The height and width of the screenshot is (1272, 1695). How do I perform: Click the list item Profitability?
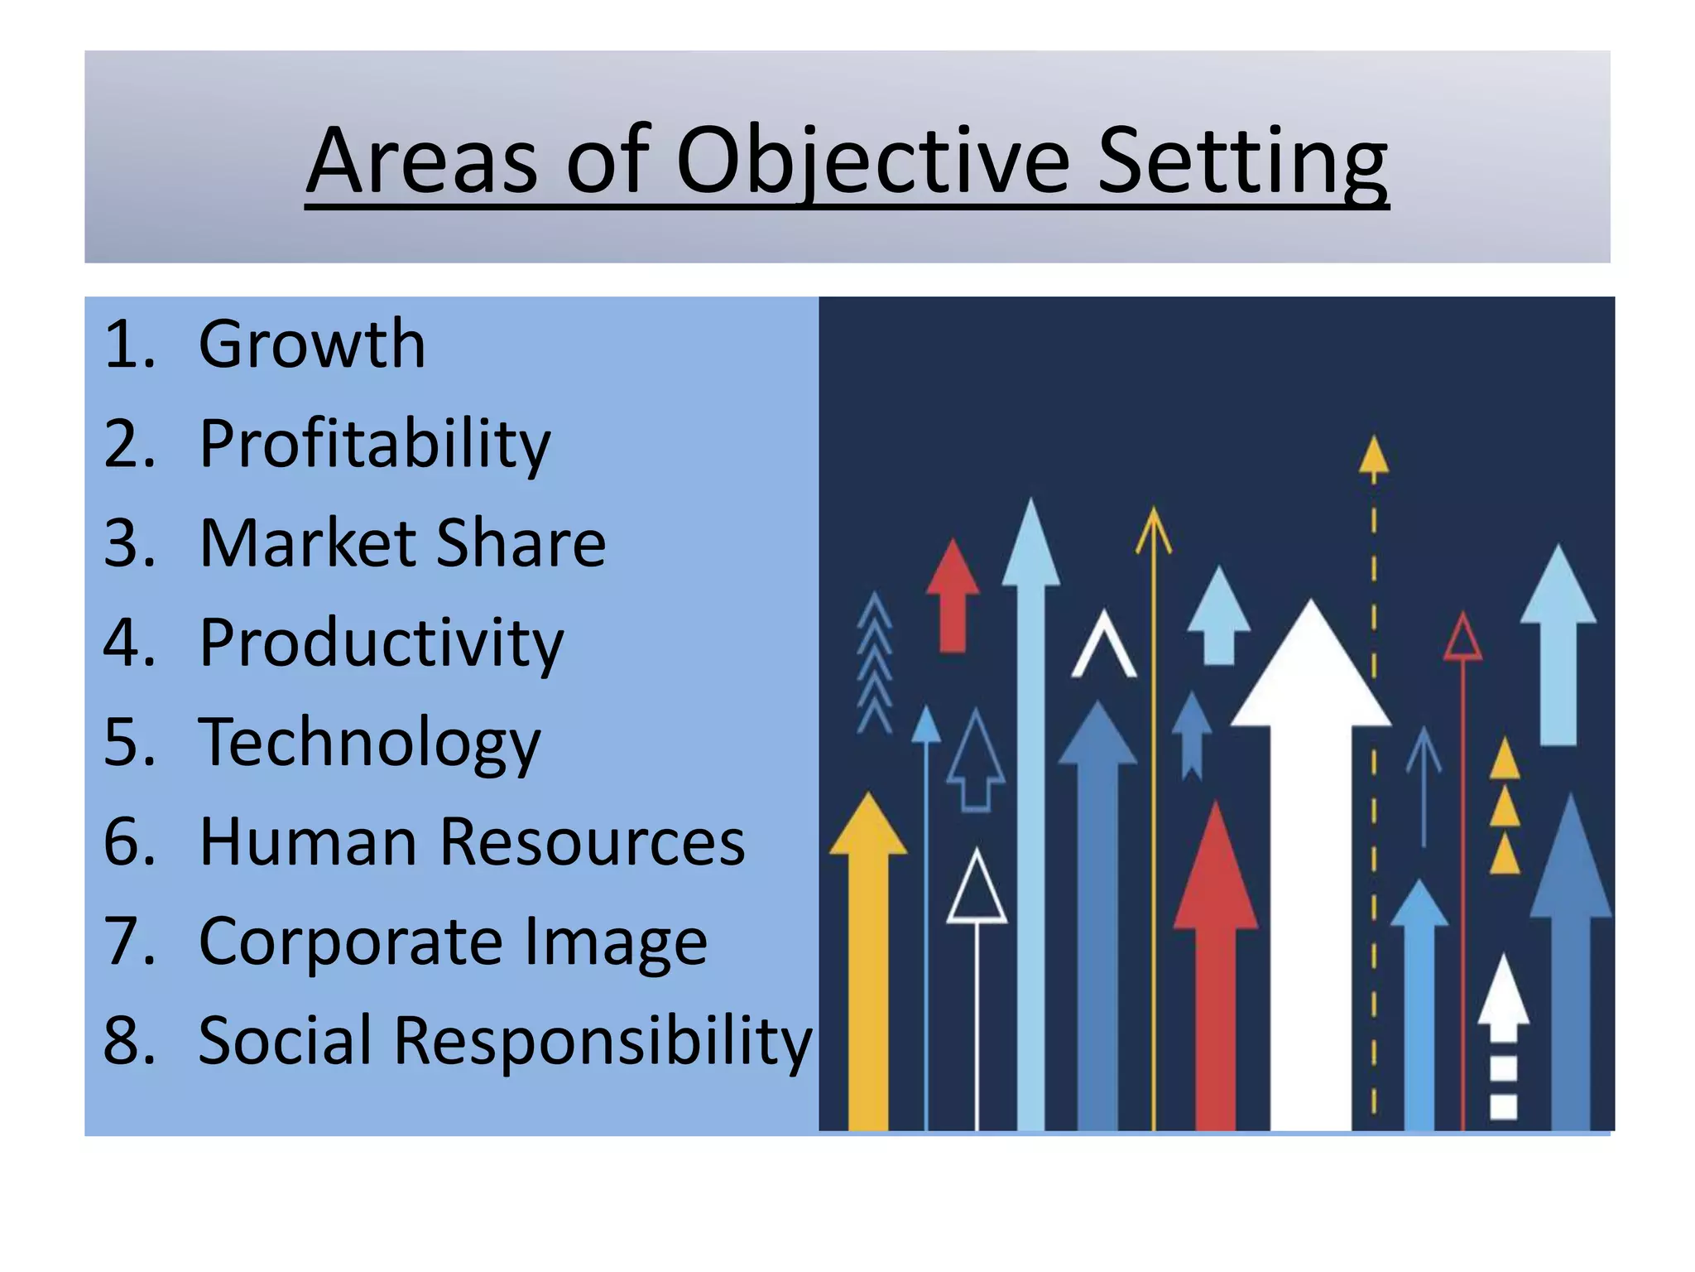click(374, 445)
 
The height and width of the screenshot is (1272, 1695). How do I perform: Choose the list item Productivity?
click(381, 643)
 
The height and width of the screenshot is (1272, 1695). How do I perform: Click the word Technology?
click(369, 743)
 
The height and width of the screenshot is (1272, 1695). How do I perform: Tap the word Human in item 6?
click(308, 842)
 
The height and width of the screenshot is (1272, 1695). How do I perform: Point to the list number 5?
click(128, 742)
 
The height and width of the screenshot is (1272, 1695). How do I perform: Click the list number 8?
click(128, 1041)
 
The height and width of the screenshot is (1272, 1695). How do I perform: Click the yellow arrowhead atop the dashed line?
click(1374, 456)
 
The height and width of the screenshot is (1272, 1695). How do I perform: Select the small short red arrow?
click(953, 593)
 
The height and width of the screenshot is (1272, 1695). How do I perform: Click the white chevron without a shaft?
click(1103, 646)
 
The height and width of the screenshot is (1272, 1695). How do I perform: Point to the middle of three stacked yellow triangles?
click(1505, 807)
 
